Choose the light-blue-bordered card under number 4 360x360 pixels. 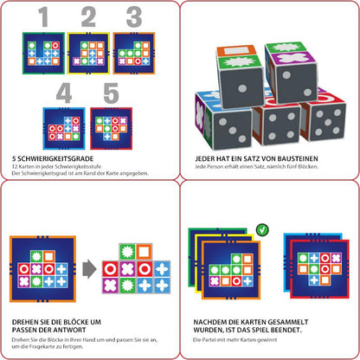coord(64,128)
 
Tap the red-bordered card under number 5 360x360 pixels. coord(111,128)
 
